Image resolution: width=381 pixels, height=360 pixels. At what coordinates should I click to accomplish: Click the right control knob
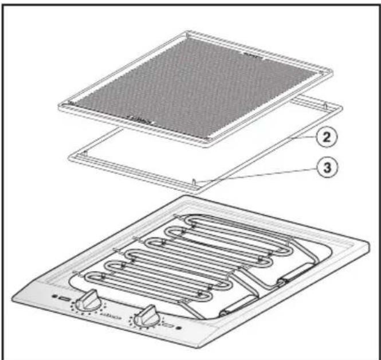pos(148,314)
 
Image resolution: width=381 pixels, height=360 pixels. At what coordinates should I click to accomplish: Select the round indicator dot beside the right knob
pos(179,328)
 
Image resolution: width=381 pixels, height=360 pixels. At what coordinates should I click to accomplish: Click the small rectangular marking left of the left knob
pos(63,299)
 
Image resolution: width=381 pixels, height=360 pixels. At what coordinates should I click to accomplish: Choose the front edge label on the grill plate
pos(139,122)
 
